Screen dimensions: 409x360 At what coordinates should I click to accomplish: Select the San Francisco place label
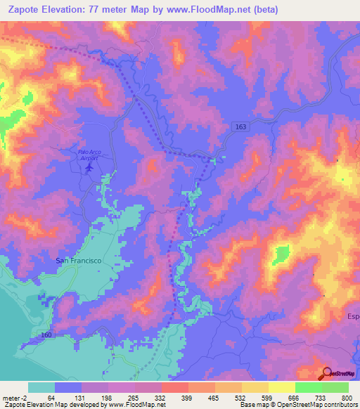click(x=79, y=260)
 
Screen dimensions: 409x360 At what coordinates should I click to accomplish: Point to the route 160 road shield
click(x=46, y=334)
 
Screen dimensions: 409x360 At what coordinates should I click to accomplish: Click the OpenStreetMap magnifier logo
click(x=328, y=373)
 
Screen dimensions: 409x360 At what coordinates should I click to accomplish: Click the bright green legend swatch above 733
click(x=308, y=387)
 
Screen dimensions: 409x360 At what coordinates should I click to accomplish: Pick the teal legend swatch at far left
click(x=41, y=387)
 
